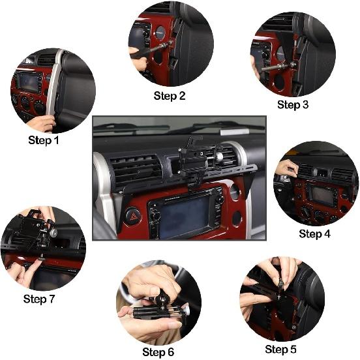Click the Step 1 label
(x=44, y=140)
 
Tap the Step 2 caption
(x=170, y=96)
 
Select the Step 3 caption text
(x=293, y=105)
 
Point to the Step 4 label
(x=315, y=234)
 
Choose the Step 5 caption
(x=280, y=349)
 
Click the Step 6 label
(x=158, y=352)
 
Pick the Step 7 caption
(x=39, y=299)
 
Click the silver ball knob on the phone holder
(x=218, y=157)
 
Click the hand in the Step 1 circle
(x=42, y=123)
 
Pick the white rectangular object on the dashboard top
(x=234, y=132)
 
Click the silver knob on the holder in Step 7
(x=53, y=233)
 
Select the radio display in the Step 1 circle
(x=28, y=82)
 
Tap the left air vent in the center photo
(x=136, y=169)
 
